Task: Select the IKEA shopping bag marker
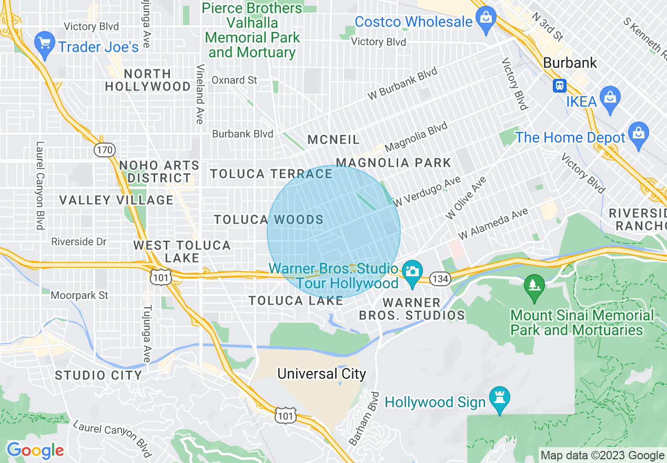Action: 610,99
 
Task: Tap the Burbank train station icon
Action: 559,85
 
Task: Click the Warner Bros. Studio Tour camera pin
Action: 412,272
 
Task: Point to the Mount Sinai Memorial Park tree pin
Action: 534,287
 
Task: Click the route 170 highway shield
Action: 104,150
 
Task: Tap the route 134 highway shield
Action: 440,278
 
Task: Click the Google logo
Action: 35,450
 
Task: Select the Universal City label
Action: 321,374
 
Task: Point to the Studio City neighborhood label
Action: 98,375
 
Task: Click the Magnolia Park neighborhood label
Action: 393,163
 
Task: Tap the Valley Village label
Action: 116,200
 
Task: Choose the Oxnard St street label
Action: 234,80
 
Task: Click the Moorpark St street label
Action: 79,295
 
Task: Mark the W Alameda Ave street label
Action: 493,224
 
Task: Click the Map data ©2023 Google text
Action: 602,455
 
